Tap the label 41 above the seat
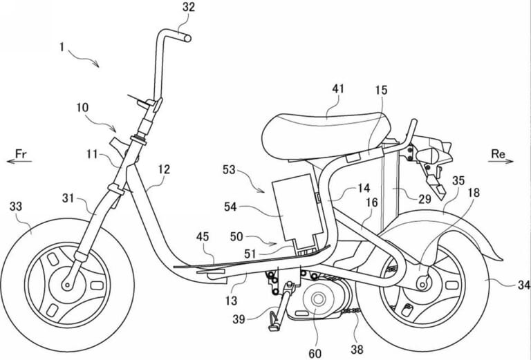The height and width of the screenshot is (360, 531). point(338,89)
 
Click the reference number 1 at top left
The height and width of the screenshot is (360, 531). point(62,49)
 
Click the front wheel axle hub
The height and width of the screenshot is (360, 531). point(68,284)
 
